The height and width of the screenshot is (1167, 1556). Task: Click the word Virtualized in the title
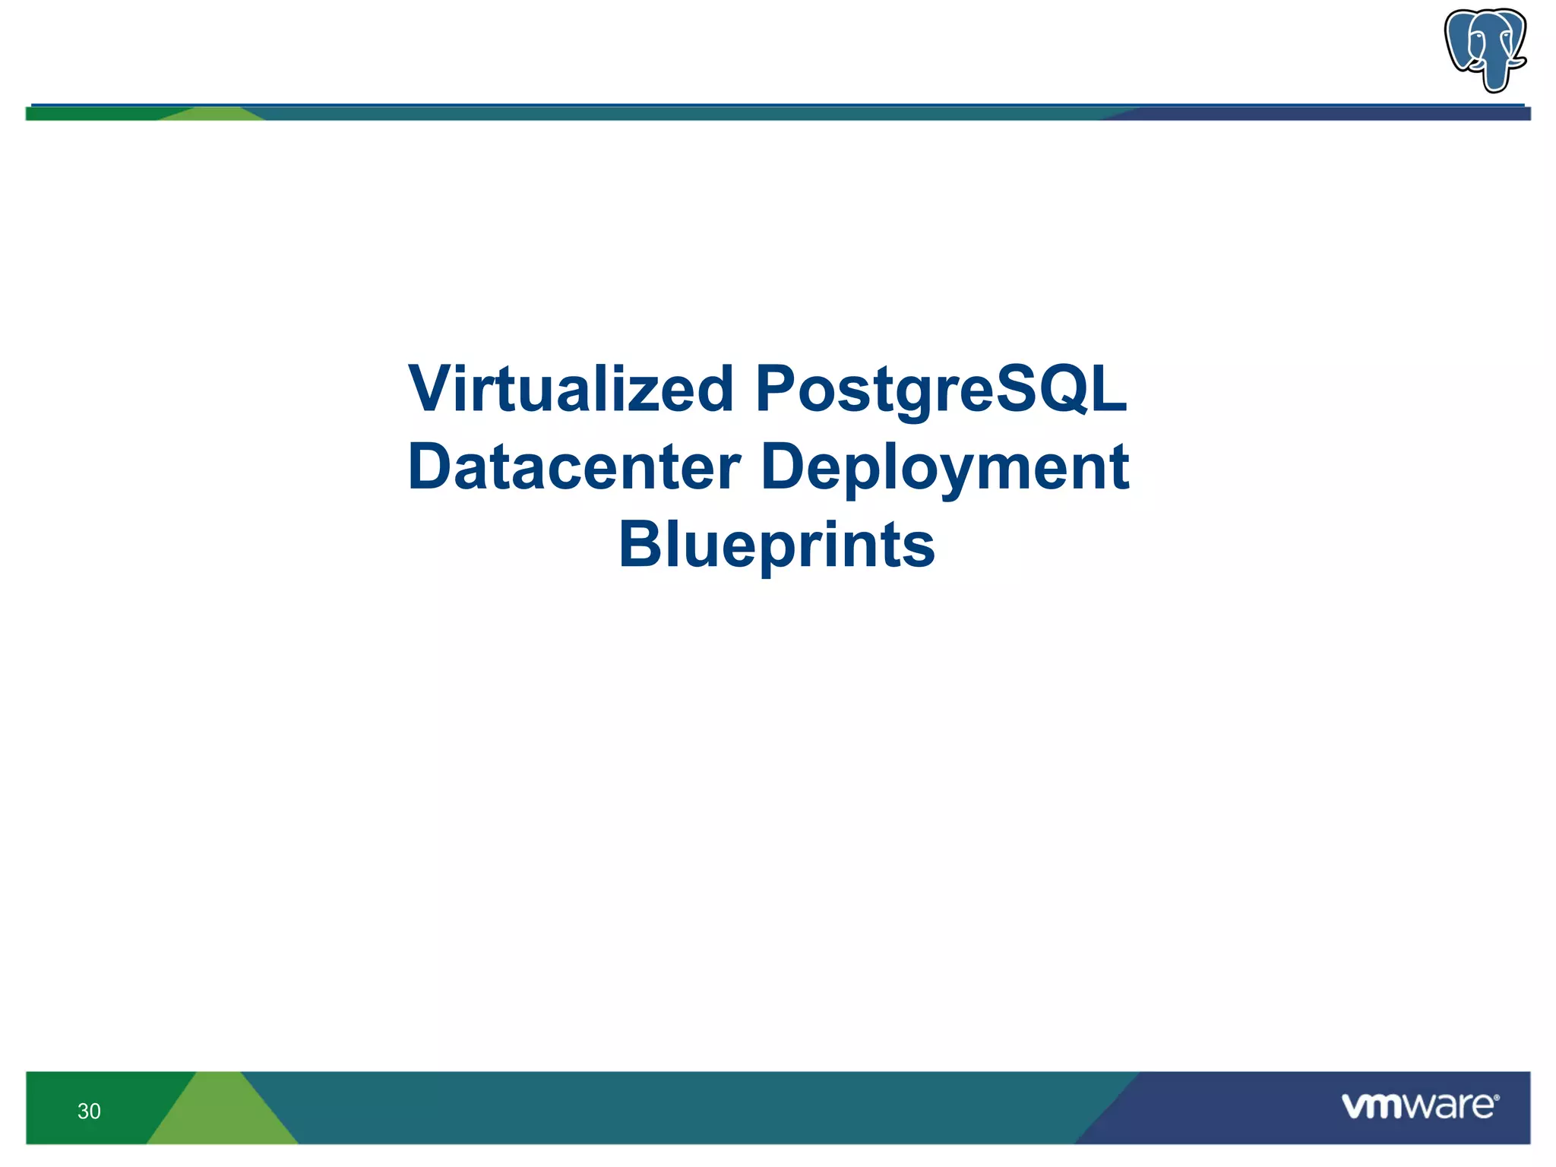coord(570,390)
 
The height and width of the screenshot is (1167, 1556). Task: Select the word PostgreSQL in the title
coord(941,390)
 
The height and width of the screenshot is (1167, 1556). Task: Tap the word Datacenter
coord(574,467)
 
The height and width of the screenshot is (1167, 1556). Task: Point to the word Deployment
coord(944,467)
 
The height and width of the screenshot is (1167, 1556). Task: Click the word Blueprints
coord(776,545)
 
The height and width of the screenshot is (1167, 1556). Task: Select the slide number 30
coord(89,1112)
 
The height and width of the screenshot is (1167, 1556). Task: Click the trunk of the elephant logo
coord(1494,72)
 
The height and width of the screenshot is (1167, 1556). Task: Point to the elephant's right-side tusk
coord(1516,61)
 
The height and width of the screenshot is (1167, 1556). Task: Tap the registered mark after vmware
coord(1497,1099)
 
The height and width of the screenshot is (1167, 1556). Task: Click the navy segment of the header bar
coord(1330,114)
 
